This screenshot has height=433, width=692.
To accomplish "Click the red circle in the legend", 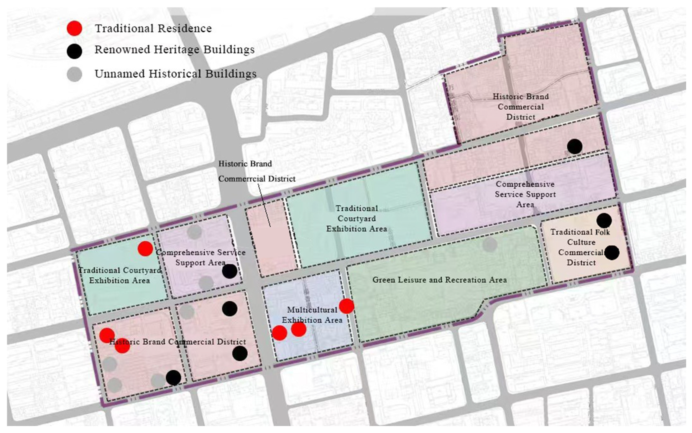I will click(74, 28).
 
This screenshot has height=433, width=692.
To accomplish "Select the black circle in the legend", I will click(74, 51).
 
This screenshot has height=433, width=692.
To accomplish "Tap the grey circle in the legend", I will click(74, 74).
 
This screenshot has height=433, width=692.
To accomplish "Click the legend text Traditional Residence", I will click(153, 28).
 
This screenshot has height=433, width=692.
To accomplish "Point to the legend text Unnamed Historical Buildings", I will click(175, 74).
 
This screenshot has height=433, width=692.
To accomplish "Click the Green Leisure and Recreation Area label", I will click(439, 280).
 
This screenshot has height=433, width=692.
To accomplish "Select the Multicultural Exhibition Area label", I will click(312, 315).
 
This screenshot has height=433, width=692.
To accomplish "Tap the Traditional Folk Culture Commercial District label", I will click(581, 247).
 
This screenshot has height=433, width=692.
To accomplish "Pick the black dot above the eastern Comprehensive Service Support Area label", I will click(574, 146).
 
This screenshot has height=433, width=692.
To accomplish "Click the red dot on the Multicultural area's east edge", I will click(346, 306).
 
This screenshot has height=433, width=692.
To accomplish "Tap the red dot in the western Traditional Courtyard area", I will click(145, 248).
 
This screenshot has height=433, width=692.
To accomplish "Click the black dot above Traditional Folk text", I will click(604, 220).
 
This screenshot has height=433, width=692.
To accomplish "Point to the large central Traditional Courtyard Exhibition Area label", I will click(356, 218).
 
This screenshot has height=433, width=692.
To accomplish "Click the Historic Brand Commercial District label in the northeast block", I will click(520, 107).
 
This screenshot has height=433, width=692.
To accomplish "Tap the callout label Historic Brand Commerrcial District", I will click(256, 171).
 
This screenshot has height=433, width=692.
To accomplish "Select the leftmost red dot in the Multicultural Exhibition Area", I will click(279, 333).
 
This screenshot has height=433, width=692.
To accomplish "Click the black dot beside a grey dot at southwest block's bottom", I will click(173, 378).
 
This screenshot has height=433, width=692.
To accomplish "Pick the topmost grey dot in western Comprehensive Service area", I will click(194, 232).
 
